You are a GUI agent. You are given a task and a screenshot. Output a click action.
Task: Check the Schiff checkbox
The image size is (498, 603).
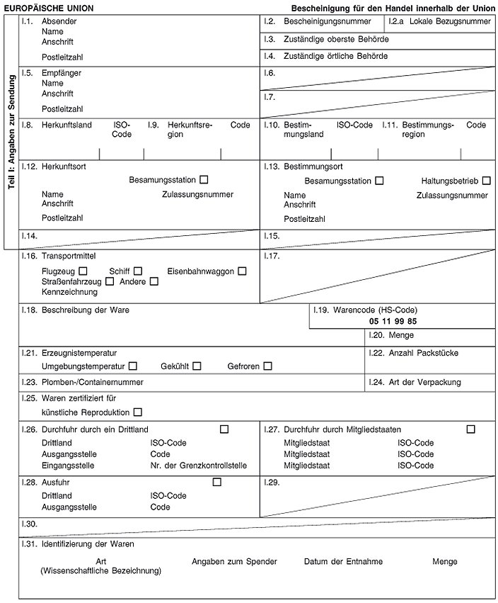pyautogui.click(x=138, y=271)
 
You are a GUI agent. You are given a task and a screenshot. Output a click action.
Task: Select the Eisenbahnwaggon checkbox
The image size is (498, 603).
pyautogui.click(x=243, y=271)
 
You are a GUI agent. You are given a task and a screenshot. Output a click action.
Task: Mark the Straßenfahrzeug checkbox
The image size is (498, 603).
pyautogui.click(x=110, y=281)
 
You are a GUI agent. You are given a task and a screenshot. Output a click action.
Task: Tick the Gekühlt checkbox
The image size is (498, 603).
pyautogui.click(x=197, y=366)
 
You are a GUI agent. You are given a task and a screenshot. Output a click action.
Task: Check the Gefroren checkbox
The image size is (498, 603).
pyautogui.click(x=267, y=366)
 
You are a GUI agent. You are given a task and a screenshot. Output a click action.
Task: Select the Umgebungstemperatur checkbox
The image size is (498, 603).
pyautogui.click(x=133, y=366)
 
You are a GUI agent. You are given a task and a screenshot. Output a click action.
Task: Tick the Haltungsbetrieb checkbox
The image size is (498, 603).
pyautogui.click(x=486, y=181)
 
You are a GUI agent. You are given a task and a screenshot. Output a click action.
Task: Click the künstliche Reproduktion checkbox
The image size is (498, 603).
pyautogui.click(x=137, y=412)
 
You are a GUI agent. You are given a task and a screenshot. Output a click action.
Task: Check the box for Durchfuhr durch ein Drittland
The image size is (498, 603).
pyautogui.click(x=224, y=429)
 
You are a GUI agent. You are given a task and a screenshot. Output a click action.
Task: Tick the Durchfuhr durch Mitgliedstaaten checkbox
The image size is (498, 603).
pyautogui.click(x=470, y=429)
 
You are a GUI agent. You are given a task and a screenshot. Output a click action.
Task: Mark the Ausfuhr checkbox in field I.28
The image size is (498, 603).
pyautogui.click(x=216, y=483)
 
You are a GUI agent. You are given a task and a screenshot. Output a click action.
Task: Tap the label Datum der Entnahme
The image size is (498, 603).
pyautogui.click(x=343, y=561)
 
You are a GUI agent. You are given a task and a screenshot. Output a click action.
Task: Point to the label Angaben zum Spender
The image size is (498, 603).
pyautogui.click(x=234, y=561)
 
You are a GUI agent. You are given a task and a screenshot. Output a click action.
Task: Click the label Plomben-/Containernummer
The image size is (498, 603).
pyautogui.click(x=92, y=382)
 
